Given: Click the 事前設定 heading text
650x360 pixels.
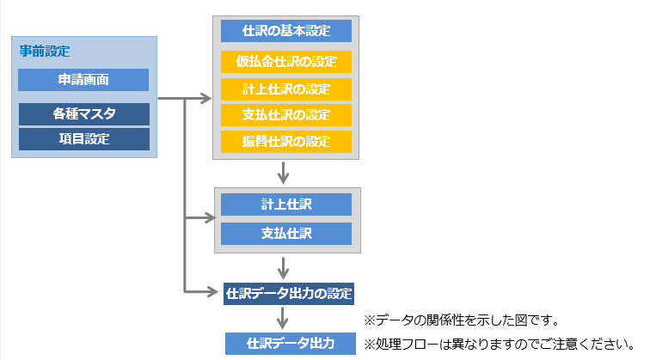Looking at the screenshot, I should tap(45, 52).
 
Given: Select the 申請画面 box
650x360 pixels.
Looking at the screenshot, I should tap(83, 80).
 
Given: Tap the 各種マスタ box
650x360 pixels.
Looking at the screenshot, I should tap(83, 113).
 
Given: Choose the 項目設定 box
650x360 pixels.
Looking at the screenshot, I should tap(83, 138).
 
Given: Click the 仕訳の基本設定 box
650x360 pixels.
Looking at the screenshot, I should tap(286, 31).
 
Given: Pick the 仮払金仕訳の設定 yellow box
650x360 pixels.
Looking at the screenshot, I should tap(286, 62).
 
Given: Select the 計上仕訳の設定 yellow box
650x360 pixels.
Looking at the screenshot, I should tap(286, 88).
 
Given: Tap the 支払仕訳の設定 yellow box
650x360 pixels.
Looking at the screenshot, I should tap(286, 115).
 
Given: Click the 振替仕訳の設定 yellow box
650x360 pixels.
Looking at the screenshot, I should tap(286, 142).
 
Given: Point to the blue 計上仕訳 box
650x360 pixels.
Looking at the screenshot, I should tap(286, 204).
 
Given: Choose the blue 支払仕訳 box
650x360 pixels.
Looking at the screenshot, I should tap(286, 233).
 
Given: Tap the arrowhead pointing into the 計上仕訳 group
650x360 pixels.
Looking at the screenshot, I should tap(206, 218).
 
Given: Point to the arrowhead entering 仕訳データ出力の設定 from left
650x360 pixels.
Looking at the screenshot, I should tap(215, 292).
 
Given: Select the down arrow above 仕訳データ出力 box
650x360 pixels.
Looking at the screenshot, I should tap(283, 321).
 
